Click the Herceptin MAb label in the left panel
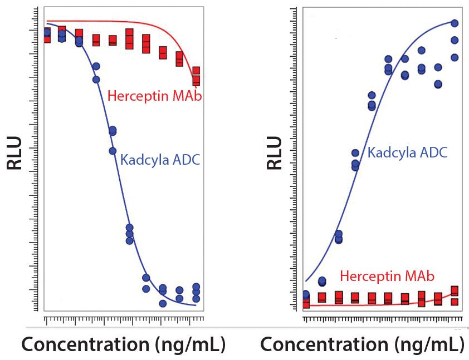(x=154, y=96)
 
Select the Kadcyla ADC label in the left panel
(x=160, y=160)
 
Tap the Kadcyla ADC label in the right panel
(x=407, y=152)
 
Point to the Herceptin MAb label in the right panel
(x=387, y=276)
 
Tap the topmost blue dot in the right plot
(x=455, y=23)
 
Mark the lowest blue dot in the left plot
(x=163, y=303)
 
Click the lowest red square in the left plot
(x=196, y=81)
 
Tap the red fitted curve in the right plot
(x=379, y=305)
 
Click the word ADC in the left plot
(x=187, y=160)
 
